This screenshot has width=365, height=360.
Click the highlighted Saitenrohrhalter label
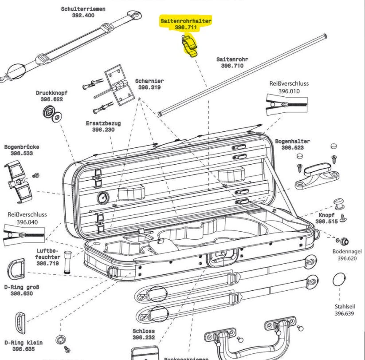186,21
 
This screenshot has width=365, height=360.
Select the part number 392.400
83,15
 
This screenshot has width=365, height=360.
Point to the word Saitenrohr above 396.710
232,59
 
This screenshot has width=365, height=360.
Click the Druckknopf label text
52,93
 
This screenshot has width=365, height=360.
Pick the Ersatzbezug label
103,123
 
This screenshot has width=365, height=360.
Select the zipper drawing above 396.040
24,234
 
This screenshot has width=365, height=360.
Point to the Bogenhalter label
292,142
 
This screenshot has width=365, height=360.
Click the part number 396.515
326,222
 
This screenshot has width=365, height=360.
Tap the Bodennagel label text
347,251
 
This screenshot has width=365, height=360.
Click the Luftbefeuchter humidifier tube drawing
68,263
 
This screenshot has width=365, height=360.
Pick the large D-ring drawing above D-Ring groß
16,269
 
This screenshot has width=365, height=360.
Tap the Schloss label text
144,331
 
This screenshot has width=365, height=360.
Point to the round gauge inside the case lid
102,197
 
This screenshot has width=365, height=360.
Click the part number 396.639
344,314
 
